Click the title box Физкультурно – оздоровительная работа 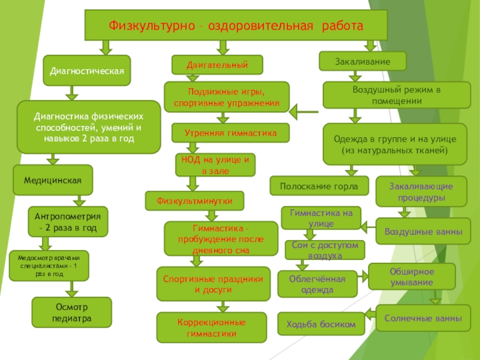(x=236, y=26)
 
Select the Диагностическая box (x=86, y=71)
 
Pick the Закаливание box (x=362, y=61)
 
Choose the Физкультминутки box (x=195, y=200)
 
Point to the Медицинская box (x=53, y=180)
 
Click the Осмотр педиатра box (x=71, y=312)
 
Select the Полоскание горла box (x=319, y=186)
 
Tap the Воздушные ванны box (x=423, y=232)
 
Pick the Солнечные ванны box (x=423, y=318)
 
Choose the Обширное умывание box (x=412, y=277)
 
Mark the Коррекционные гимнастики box (x=211, y=328)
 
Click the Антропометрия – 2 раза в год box (x=68, y=221)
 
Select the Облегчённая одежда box (x=317, y=284)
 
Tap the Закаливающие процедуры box (x=421, y=191)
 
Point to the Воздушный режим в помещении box (x=396, y=95)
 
